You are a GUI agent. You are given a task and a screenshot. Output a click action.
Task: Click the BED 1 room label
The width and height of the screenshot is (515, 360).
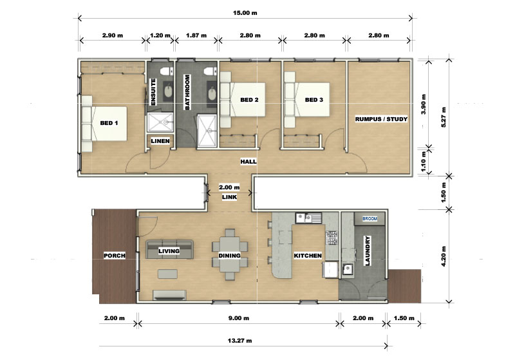pyautogui.click(x=109, y=123)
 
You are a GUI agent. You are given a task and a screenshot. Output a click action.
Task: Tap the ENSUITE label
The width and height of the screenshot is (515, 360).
pyautogui.click(x=153, y=92)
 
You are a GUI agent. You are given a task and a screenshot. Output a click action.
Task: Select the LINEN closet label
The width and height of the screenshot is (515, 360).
pyautogui.click(x=160, y=141)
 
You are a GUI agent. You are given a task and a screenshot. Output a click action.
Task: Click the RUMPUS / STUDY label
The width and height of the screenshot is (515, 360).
pyautogui.click(x=381, y=119)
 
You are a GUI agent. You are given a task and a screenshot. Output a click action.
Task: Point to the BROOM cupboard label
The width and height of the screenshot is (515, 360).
pyautogui.click(x=370, y=218)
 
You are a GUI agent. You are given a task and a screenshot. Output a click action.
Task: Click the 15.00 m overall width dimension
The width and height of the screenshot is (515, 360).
pyautogui.click(x=245, y=13)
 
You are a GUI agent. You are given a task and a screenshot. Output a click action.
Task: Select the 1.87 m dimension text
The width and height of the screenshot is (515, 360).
pyautogui.click(x=196, y=35)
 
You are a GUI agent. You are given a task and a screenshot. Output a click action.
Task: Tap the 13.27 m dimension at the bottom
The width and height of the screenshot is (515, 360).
pyautogui.click(x=239, y=341)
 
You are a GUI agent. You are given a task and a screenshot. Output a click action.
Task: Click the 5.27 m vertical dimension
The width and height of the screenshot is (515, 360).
pyautogui.click(x=444, y=117)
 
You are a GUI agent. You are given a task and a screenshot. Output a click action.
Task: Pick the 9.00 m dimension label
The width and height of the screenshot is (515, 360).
pyautogui.click(x=239, y=318)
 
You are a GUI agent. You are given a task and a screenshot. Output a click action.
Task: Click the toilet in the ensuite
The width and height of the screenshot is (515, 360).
pyautogui.click(x=166, y=70)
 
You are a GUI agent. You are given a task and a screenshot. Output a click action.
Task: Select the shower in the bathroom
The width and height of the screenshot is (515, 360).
pyautogui.click(x=207, y=131)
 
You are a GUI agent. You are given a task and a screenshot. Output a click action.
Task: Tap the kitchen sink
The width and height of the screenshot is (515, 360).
pyautogui.click(x=309, y=218)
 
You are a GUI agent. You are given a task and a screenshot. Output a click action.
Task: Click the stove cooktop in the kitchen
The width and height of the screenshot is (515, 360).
pyautogui.click(x=332, y=238)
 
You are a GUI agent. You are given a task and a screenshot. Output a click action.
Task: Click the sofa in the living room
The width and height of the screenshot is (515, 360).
pyautogui.click(x=169, y=250)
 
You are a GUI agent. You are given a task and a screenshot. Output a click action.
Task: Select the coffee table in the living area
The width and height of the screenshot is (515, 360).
pyautogui.click(x=167, y=274)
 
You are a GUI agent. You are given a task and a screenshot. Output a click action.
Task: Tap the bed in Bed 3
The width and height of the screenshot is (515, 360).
pyautogui.click(x=307, y=100)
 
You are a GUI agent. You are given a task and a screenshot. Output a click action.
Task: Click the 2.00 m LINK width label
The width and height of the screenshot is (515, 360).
pyautogui.click(x=229, y=187)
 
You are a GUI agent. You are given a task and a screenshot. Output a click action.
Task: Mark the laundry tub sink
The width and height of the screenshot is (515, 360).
pyautogui.click(x=347, y=270)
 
